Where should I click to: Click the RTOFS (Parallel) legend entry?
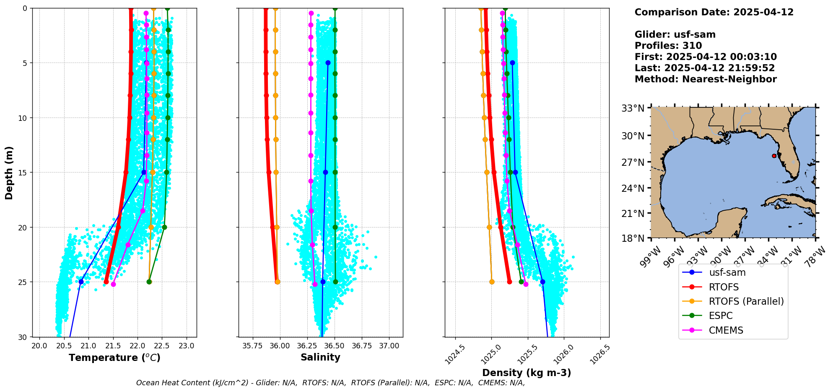(x=746, y=301)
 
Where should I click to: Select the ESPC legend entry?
(x=721, y=316)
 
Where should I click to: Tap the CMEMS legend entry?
(x=726, y=330)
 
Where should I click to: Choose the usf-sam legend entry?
(x=727, y=272)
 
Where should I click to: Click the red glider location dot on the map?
(x=774, y=156)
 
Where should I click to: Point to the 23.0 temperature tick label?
(x=187, y=346)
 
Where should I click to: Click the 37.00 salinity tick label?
(x=389, y=346)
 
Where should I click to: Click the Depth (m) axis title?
(x=9, y=172)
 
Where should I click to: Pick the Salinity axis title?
(x=320, y=358)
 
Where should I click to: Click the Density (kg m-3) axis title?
(x=527, y=373)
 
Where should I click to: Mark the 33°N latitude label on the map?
(x=633, y=108)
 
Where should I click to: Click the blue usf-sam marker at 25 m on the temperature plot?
(x=81, y=282)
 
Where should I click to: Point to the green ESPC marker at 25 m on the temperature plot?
(x=149, y=282)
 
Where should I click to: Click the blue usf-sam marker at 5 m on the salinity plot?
(x=328, y=63)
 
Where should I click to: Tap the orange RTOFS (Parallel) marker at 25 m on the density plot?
(x=492, y=282)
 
